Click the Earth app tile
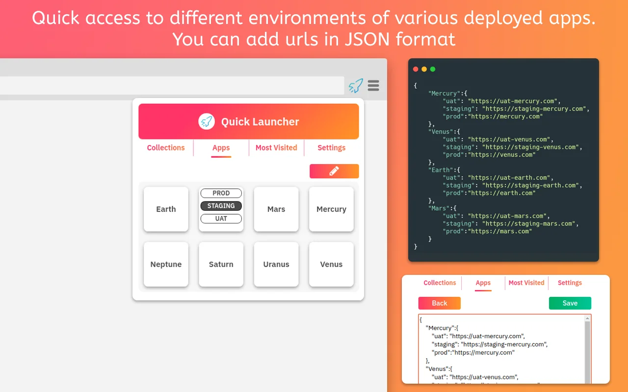[x=166, y=209]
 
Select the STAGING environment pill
[x=221, y=206]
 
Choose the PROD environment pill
[x=221, y=193]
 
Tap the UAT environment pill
[x=221, y=219]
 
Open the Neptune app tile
[x=166, y=264]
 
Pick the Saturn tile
[x=221, y=264]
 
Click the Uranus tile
[x=276, y=264]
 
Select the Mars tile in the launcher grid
[x=276, y=209]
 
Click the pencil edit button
[x=334, y=171]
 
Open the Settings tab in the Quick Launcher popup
[x=331, y=147]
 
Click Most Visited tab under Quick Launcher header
[x=276, y=147]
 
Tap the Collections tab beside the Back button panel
[x=440, y=283]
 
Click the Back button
[x=439, y=303]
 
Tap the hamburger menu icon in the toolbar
[x=373, y=85]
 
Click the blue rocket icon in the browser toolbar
[x=356, y=85]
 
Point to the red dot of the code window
[x=416, y=69]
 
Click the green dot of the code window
[x=433, y=69]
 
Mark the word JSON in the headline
[x=367, y=39]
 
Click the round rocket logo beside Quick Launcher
[x=207, y=122]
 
